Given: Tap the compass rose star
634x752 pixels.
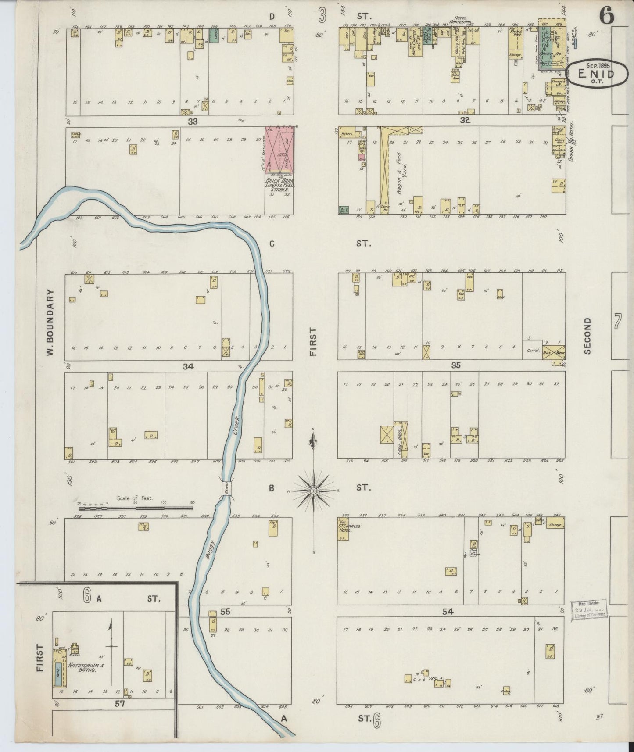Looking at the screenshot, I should click(313, 492).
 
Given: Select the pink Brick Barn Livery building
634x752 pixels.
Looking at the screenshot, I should click(279, 149).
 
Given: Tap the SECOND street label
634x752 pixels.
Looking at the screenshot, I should click(587, 336).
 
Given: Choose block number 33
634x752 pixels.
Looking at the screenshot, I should click(193, 122).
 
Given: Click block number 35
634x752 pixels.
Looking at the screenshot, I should click(455, 365).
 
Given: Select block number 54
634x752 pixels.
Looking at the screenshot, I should click(448, 612).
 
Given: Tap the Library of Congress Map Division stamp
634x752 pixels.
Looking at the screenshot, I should click(589, 610).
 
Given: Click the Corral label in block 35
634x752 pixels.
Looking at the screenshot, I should click(532, 351).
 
